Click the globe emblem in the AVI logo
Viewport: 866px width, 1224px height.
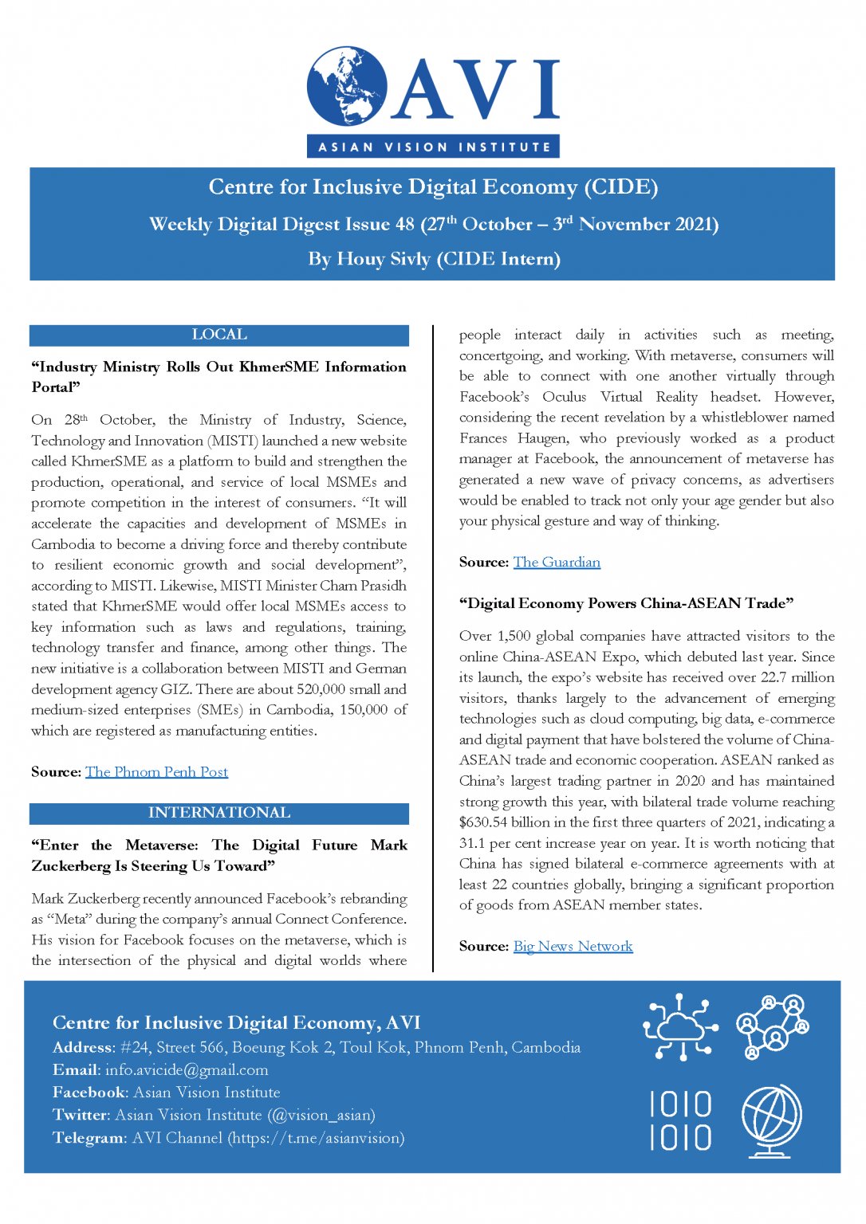coord(348,86)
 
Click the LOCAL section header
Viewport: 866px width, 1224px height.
coord(219,335)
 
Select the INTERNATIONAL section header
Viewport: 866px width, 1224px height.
coord(219,813)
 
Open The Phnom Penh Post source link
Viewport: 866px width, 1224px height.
coord(156,772)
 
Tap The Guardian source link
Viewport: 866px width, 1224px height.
coord(557,563)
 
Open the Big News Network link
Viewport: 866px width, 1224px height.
coord(573,947)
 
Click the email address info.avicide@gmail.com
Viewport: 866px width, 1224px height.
coord(187,1070)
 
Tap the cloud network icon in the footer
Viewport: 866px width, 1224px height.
coord(680,1027)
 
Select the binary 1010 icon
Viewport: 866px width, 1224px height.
coord(680,1121)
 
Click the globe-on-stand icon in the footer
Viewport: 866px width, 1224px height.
coord(772,1120)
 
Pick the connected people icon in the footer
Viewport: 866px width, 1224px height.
coord(772,1026)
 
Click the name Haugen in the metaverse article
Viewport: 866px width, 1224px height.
coord(542,438)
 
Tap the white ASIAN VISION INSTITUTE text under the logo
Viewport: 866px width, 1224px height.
coord(434,147)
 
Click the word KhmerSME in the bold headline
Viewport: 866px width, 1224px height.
coord(279,367)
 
